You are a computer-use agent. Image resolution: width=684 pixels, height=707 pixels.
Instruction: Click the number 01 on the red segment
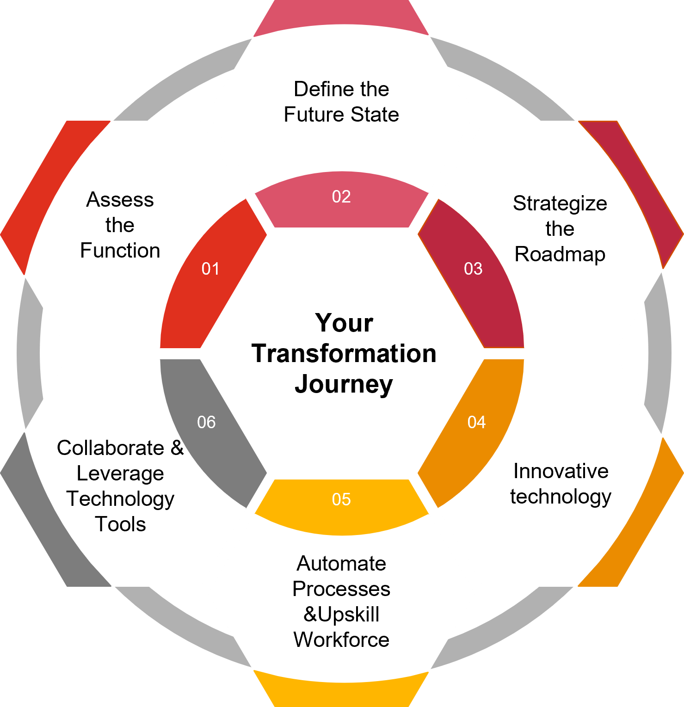pos(210,269)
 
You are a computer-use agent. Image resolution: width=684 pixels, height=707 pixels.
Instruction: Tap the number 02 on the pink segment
pos(341,197)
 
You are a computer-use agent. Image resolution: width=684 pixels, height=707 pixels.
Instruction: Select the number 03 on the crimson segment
pos(473,269)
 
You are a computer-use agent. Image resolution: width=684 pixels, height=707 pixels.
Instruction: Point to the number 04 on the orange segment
pos(476,422)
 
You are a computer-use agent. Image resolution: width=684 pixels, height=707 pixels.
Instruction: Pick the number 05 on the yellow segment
pos(341,499)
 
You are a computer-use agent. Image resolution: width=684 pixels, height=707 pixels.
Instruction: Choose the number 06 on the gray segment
pos(206,422)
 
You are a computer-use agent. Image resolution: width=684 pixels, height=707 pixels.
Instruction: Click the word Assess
pos(120,200)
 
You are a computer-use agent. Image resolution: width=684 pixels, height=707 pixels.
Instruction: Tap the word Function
pos(120,251)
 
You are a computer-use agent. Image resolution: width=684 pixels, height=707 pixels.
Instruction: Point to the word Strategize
pos(560,204)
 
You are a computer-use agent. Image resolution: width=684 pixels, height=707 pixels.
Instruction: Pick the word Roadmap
pos(560,254)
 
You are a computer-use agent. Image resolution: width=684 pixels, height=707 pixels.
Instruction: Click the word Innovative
pos(561,471)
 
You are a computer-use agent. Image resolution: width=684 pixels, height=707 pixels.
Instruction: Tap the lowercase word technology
pos(561,497)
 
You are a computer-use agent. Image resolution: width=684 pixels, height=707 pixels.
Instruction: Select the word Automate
pos(341,564)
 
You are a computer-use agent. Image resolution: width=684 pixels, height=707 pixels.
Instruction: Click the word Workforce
pos(341,640)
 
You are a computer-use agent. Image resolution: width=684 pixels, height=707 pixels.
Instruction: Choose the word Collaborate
pos(111,448)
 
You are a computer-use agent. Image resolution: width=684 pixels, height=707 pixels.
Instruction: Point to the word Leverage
pos(120,474)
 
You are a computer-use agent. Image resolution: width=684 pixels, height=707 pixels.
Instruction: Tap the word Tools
pos(120,524)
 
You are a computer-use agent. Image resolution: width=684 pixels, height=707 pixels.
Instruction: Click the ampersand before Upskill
pos(310,615)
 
